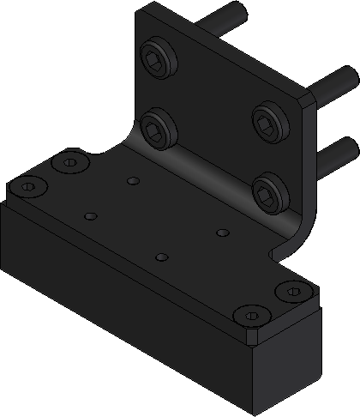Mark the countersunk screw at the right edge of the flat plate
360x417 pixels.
point(292,293)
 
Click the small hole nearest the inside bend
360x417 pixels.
point(132,180)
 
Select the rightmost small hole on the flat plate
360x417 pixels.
point(221,232)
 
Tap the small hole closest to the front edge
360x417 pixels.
point(160,257)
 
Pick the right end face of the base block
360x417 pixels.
point(287,360)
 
